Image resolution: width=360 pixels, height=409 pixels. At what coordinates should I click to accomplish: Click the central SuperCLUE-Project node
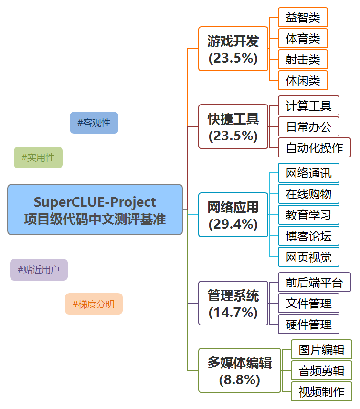pyautogui.click(x=95, y=210)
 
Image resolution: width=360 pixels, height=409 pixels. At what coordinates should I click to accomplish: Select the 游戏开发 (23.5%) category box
pyautogui.click(x=233, y=49)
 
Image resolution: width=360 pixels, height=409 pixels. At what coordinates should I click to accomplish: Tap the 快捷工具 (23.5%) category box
pyautogui.click(x=233, y=126)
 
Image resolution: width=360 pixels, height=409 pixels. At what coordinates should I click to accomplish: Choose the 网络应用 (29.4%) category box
pyautogui.click(x=233, y=215)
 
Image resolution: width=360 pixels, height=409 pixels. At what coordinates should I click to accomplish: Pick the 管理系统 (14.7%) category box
pyautogui.click(x=233, y=303)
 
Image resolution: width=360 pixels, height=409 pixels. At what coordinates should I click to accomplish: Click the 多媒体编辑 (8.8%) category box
pyautogui.click(x=240, y=370)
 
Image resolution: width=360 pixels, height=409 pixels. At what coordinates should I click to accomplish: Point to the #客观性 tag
pyautogui.click(x=94, y=123)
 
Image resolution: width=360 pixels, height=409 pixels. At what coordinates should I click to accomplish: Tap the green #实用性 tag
pyautogui.click(x=38, y=157)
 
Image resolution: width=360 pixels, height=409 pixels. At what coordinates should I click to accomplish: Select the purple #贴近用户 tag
pyautogui.click(x=39, y=270)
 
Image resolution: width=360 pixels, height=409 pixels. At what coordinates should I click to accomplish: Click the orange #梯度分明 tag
pyautogui.click(x=94, y=304)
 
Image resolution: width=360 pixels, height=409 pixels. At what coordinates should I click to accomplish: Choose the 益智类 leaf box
pyautogui.click(x=303, y=18)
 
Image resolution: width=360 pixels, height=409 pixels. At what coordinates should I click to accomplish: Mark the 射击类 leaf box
pyautogui.click(x=303, y=60)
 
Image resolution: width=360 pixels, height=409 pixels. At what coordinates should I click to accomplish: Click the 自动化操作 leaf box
pyautogui.click(x=314, y=147)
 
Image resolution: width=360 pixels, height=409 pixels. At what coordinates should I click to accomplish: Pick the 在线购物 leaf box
pyautogui.click(x=308, y=194)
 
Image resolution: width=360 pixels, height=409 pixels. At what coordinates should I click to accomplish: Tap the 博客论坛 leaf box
pyautogui.click(x=308, y=236)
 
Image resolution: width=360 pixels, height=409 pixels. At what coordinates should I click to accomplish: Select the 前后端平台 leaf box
pyautogui.click(x=314, y=282)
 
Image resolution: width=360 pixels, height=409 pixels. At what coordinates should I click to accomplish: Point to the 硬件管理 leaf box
pyautogui.click(x=308, y=324)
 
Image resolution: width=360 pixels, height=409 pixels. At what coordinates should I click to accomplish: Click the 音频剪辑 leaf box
pyautogui.click(x=321, y=370)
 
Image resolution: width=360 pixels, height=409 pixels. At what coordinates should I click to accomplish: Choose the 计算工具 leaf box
pyautogui.click(x=308, y=105)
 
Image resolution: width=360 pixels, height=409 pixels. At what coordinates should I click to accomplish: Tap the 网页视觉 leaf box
pyautogui.click(x=308, y=257)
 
